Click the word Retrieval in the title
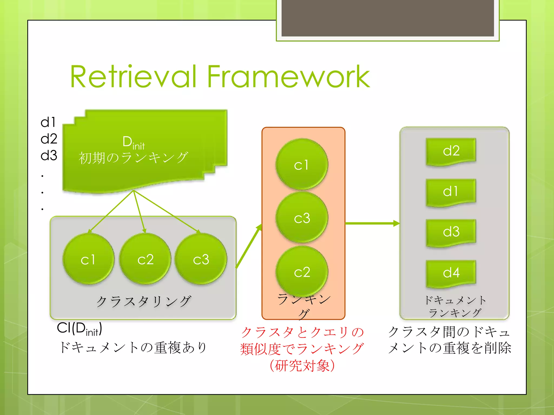point(133,77)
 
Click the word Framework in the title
point(288,77)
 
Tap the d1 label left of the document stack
point(48,122)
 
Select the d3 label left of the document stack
point(49,155)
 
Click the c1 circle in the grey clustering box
point(88,259)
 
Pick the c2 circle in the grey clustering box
point(145,259)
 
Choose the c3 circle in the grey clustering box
point(201,259)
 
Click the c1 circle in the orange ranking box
point(302,164)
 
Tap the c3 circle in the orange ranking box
point(302,218)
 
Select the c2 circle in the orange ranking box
point(302,271)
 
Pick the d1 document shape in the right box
point(451,192)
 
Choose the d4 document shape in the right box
point(451,273)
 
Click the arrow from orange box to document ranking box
point(372,223)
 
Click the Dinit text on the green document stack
point(133,142)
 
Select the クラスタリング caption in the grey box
point(143,302)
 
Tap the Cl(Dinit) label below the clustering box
point(79,329)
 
